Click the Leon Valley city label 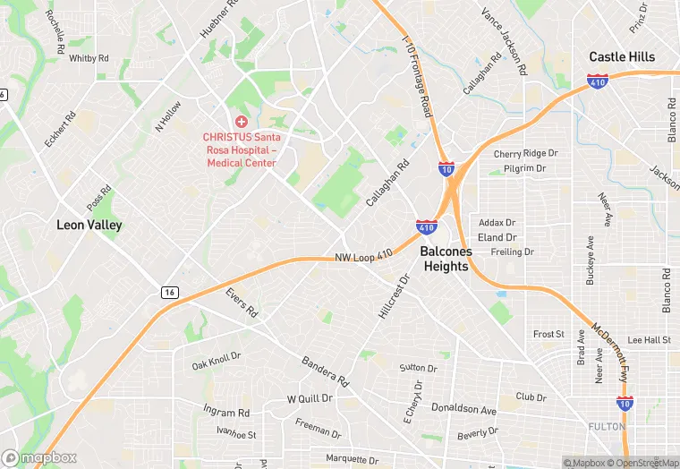click(x=89, y=225)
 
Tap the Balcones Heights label click(x=446, y=259)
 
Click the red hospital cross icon click(x=241, y=121)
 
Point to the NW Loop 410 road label click(x=364, y=257)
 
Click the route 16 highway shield click(x=169, y=293)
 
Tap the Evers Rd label click(x=242, y=303)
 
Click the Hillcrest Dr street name click(x=393, y=295)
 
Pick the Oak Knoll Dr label click(x=217, y=361)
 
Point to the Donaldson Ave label click(x=463, y=410)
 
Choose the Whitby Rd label click(x=89, y=58)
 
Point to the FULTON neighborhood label click(x=607, y=427)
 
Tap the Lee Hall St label click(x=650, y=340)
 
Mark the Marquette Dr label click(x=352, y=459)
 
